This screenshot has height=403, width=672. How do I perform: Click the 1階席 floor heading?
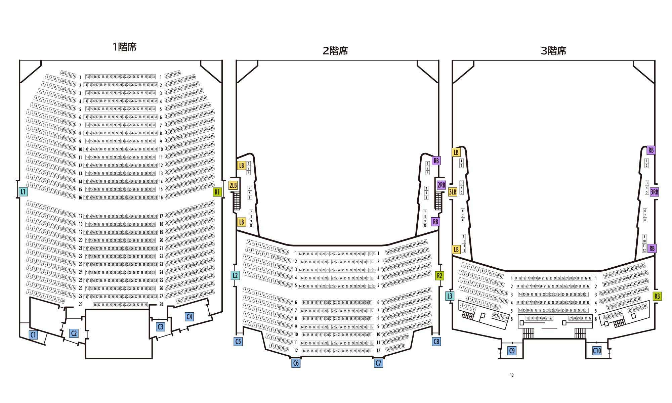point(125,47)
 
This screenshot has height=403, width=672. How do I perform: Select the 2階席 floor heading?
point(335,51)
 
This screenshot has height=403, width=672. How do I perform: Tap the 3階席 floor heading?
point(553,51)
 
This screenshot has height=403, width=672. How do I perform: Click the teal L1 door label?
point(23,192)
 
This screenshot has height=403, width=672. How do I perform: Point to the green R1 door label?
point(217,192)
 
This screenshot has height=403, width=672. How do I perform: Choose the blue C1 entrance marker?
point(33,335)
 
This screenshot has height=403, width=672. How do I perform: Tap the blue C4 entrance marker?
point(189,316)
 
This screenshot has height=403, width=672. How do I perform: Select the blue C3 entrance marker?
point(161,326)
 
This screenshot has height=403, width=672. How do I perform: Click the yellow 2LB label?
point(233,185)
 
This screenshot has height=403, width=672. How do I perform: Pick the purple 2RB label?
point(441,185)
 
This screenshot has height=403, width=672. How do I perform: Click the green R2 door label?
point(439,276)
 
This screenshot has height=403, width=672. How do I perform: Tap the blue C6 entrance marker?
point(296,363)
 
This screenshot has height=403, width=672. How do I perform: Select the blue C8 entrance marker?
point(436,342)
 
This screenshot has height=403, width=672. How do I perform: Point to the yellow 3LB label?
point(453,192)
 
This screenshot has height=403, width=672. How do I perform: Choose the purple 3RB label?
point(654,192)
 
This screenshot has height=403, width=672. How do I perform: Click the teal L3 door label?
point(450,296)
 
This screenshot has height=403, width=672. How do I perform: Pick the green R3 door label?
point(657,296)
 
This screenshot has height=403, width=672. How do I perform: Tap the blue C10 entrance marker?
point(597,351)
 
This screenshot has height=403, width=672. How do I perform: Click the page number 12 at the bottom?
point(512,375)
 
